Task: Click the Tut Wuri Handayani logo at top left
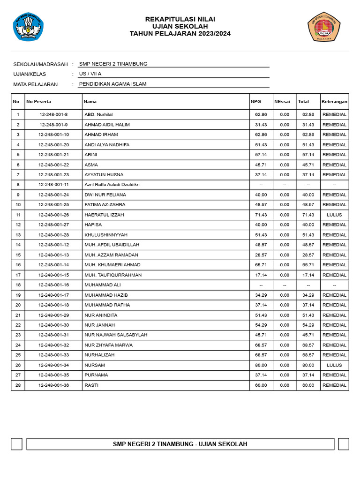tap(28, 26)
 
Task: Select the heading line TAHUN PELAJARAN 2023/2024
tap(180, 34)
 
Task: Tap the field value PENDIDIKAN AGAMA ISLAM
tap(113, 84)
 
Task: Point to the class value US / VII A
tap(90, 74)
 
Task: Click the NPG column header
tap(256, 102)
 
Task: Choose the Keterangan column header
tap(334, 102)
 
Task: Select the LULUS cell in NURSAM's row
tap(334, 365)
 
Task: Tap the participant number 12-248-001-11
tap(54, 185)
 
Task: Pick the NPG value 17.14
tap(261, 275)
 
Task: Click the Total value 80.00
tap(308, 365)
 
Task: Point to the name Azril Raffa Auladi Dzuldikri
tap(112, 185)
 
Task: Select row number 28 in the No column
tap(18, 385)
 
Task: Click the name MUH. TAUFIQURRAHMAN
tap(113, 275)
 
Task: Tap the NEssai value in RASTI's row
tap(285, 385)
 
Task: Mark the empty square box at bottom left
tap(16, 444)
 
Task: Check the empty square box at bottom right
tap(344, 444)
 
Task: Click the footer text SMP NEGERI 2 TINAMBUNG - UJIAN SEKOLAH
tap(180, 444)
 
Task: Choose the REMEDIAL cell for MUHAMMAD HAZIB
tap(334, 295)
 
